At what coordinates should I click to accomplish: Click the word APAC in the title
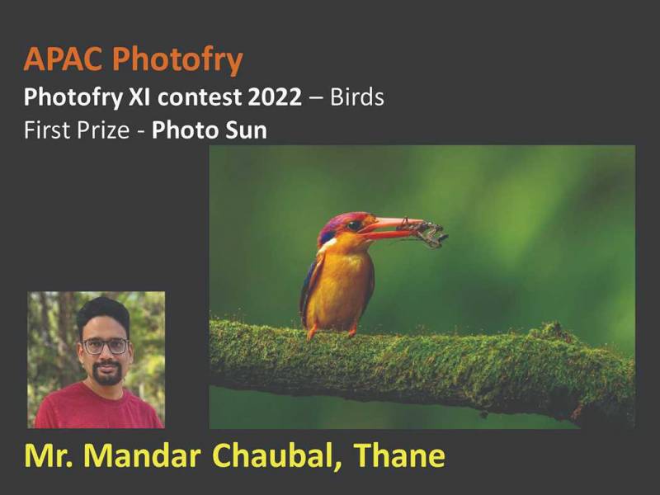(63, 59)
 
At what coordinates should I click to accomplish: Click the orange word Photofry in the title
(177, 60)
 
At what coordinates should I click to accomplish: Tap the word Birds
(356, 97)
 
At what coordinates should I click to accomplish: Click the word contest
(200, 97)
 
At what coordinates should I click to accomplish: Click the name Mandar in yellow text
(142, 455)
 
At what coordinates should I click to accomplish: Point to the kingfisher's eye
(354, 225)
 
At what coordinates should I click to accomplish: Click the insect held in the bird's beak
(423, 232)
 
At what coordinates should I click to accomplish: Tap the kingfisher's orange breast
(341, 282)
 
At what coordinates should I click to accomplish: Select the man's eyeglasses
(106, 346)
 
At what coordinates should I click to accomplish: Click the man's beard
(107, 373)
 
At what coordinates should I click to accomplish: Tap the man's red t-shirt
(98, 407)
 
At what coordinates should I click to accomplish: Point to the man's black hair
(104, 313)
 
